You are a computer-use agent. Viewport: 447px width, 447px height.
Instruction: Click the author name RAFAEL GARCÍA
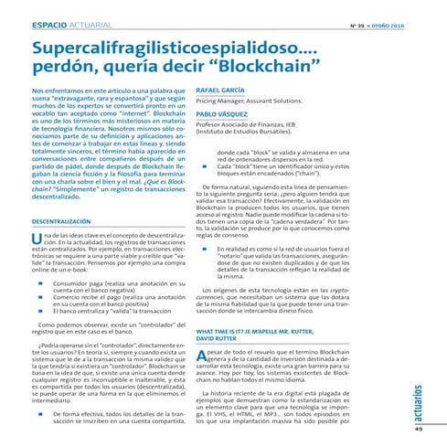[219, 90]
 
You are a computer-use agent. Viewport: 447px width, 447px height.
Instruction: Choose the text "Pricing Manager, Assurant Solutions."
[248, 102]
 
